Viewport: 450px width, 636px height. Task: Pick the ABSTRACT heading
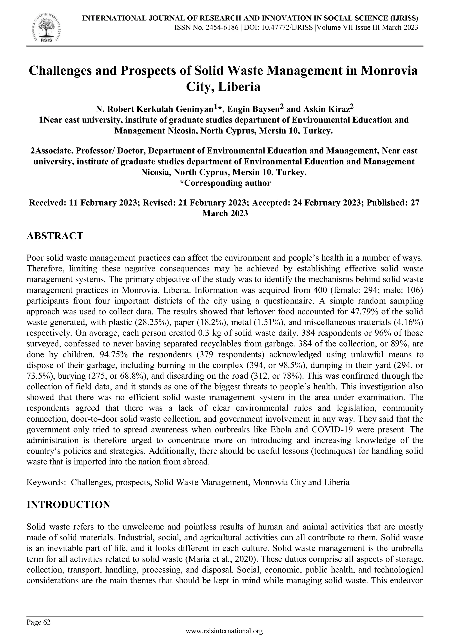click(55, 236)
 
